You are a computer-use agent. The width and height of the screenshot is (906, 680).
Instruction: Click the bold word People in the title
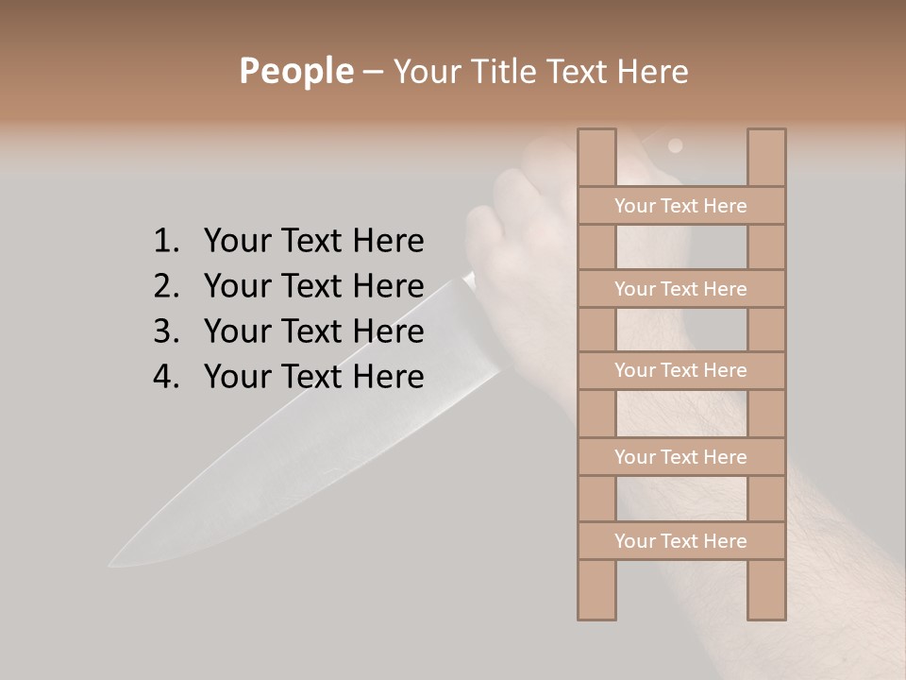pos(295,72)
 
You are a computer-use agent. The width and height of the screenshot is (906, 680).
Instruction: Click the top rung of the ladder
pos(680,206)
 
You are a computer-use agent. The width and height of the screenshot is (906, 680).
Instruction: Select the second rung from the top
pos(680,289)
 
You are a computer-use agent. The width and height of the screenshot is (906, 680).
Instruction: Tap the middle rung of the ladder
pos(680,371)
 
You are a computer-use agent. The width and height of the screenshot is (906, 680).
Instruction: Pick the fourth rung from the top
pos(680,457)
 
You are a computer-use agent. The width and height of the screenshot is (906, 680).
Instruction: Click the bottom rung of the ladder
pos(680,541)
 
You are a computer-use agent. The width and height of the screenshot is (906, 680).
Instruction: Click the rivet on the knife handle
pos(675,145)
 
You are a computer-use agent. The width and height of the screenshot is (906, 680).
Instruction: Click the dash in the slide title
pos(373,73)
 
